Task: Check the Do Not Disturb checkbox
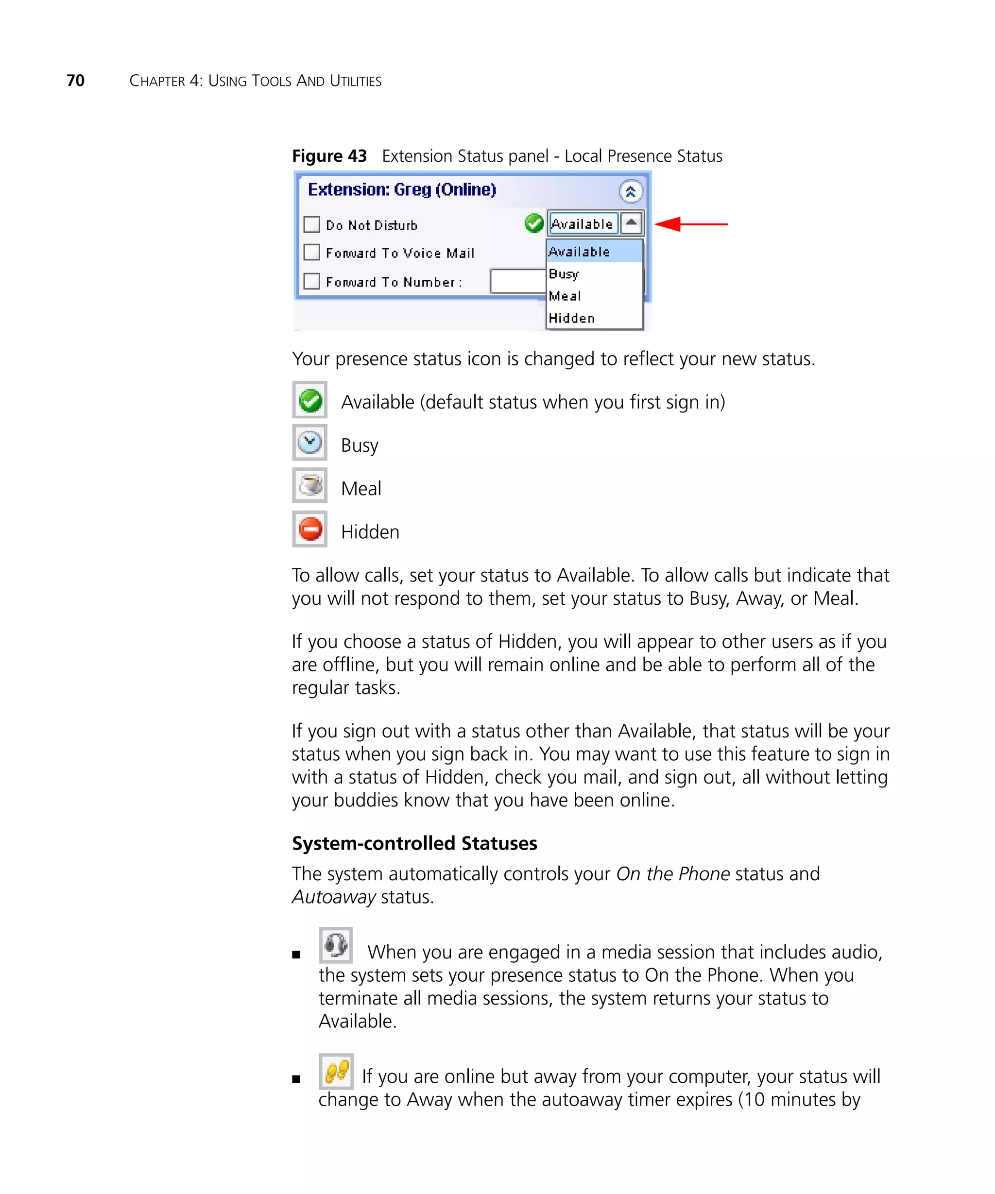[311, 224]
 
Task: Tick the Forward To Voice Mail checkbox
[311, 252]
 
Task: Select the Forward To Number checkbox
[311, 281]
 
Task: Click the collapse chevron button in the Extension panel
[630, 191]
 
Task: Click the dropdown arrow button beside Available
[631, 223]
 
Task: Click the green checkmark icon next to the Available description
[310, 400]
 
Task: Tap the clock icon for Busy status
[310, 443]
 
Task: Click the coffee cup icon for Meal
[310, 486]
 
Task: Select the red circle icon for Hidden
[310, 529]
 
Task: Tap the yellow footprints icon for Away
[336, 1071]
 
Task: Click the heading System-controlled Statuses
[414, 843]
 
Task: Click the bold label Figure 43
[329, 156]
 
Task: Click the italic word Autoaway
[334, 897]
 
